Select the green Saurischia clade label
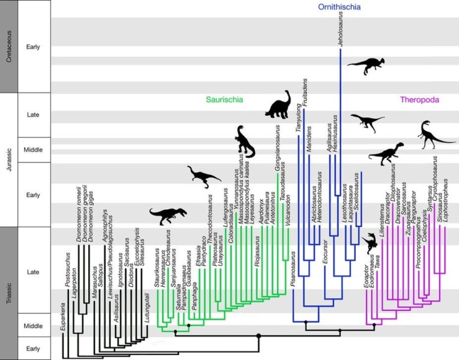(225, 99)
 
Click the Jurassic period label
(9, 160)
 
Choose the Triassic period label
(9, 293)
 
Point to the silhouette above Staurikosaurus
(165, 215)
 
